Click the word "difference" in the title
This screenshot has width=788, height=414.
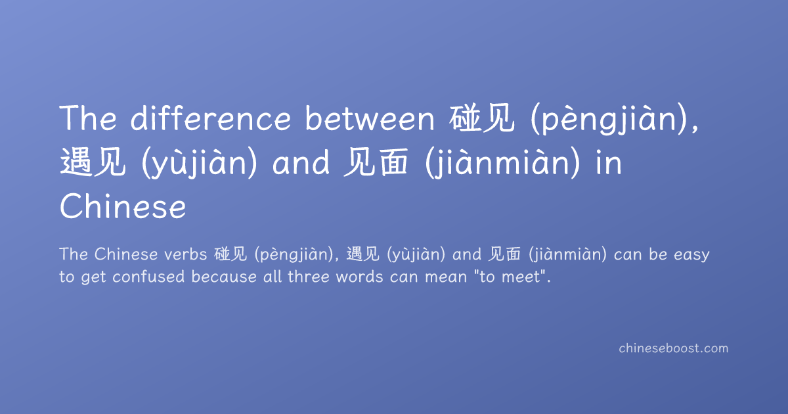tap(211, 118)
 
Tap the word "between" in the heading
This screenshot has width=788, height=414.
tap(370, 118)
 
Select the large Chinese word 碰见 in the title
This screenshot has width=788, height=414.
tap(481, 118)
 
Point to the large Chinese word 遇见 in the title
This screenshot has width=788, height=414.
tap(93, 162)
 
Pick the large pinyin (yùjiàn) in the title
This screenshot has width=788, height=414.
tap(200, 164)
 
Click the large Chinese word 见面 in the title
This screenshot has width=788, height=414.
tap(376, 162)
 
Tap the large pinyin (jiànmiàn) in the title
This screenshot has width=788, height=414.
tap(502, 164)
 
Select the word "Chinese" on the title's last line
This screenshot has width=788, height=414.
tap(123, 206)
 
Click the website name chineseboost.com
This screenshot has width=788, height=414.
tap(673, 348)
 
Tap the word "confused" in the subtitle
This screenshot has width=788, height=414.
tap(148, 277)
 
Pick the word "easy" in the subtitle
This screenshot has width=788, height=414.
tap(691, 255)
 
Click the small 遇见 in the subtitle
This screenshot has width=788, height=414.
tap(362, 254)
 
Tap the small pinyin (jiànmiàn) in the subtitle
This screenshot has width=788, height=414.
tap(567, 255)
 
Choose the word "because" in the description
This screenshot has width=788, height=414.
tap(224, 277)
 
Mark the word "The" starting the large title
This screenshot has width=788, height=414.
tap(88, 118)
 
